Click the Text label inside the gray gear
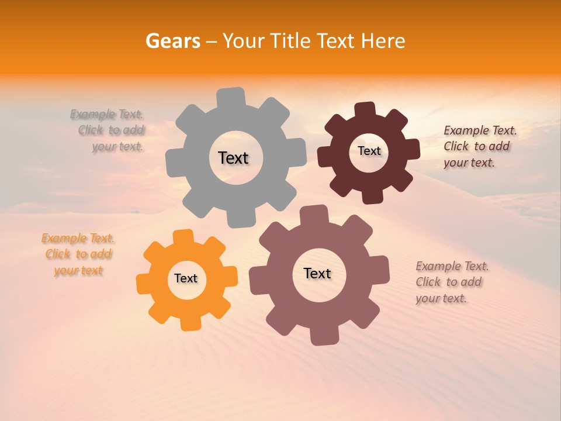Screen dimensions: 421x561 click(233, 158)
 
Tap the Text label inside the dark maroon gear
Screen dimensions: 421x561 click(369, 151)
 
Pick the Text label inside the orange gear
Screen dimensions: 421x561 click(186, 278)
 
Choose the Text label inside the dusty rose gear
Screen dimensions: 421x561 click(317, 273)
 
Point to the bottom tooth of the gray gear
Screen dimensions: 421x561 click(240, 218)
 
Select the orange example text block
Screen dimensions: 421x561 click(78, 254)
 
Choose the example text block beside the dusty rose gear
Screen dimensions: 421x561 click(451, 282)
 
